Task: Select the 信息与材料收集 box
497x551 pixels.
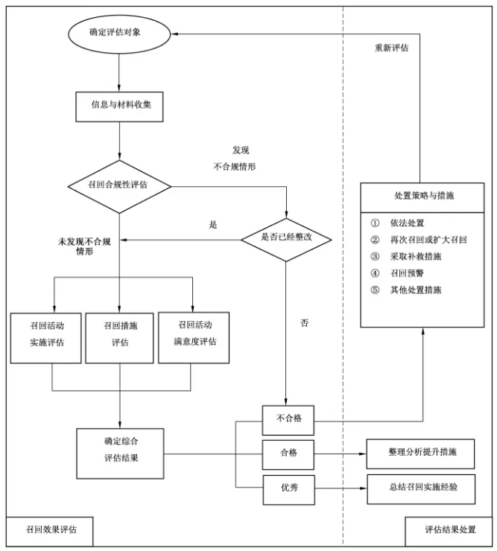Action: (x=119, y=105)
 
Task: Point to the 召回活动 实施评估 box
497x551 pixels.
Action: (x=46, y=337)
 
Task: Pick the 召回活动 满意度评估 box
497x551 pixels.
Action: (x=194, y=337)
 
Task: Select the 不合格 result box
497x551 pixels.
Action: (x=288, y=419)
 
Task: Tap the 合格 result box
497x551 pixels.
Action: (x=288, y=453)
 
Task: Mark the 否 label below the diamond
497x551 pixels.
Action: (x=304, y=324)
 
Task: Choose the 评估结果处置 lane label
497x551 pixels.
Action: (x=449, y=530)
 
